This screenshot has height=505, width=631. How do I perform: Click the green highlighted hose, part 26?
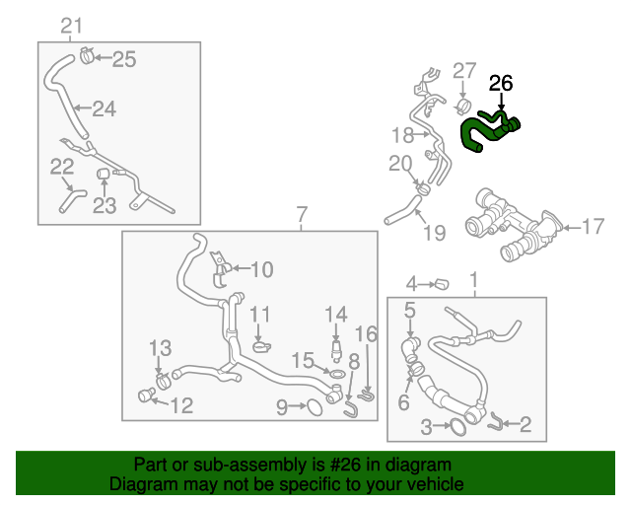click(x=488, y=131)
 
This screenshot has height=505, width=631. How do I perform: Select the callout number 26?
click(x=501, y=85)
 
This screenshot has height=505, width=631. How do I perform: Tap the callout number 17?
click(x=593, y=228)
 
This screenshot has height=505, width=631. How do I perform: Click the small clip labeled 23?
click(x=103, y=176)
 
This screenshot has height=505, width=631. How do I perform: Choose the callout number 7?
click(x=302, y=214)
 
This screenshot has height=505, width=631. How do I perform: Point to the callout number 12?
click(x=181, y=405)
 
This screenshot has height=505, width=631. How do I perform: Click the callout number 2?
click(x=525, y=425)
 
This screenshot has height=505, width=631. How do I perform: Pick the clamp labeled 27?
click(x=461, y=105)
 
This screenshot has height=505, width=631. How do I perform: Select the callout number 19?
click(x=434, y=233)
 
